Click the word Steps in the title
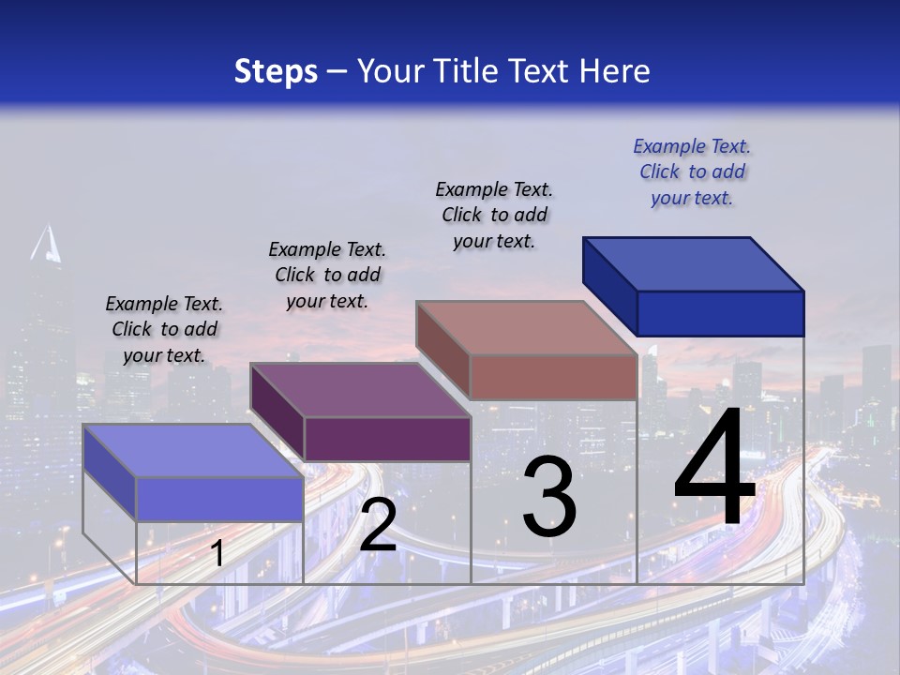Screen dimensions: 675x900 [x=276, y=71]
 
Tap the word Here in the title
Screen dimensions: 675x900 [x=615, y=71]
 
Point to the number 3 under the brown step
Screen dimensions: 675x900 [x=549, y=497]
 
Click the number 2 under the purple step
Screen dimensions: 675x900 [x=378, y=525]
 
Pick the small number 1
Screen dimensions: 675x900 [x=217, y=554]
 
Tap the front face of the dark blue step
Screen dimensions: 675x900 [x=720, y=313]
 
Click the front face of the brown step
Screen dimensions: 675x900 [x=553, y=377]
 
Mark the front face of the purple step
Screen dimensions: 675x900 [x=387, y=439]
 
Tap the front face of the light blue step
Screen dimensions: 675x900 [x=219, y=499]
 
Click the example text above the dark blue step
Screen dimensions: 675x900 [x=692, y=172]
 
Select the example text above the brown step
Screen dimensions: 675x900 [x=494, y=215]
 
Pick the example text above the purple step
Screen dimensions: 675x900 [x=327, y=275]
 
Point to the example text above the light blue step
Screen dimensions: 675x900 [x=164, y=329]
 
